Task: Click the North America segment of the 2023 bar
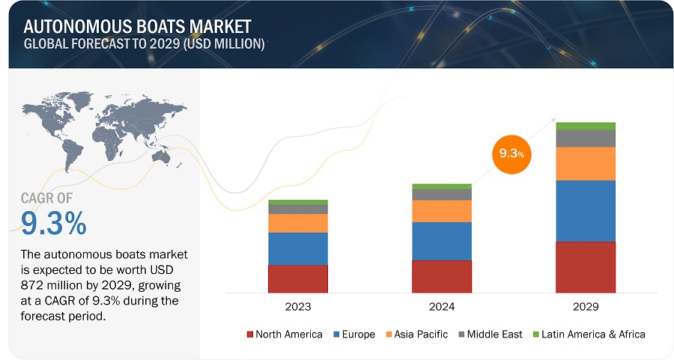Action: (297, 278)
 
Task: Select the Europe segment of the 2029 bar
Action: (585, 211)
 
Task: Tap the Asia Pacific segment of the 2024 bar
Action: (441, 211)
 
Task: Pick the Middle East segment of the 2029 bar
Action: (585, 138)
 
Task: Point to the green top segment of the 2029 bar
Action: (585, 126)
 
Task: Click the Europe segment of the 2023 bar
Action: (297, 248)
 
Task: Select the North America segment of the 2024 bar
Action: (441, 276)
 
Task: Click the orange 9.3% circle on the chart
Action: (512, 154)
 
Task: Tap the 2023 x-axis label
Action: (297, 307)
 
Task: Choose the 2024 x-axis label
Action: (441, 307)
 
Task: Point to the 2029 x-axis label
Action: (585, 307)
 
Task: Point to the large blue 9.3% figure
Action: (53, 222)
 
